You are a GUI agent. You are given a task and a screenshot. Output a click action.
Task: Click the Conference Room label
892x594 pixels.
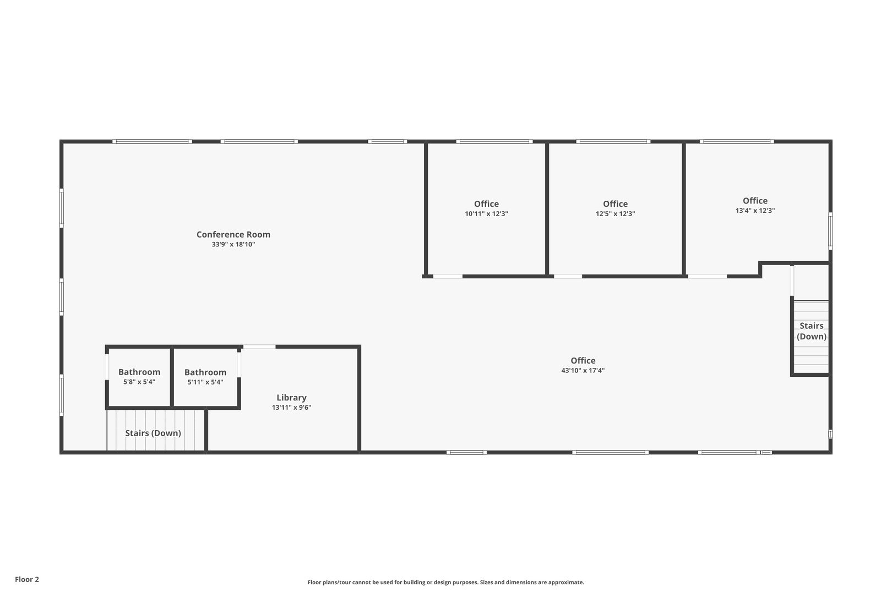(233, 234)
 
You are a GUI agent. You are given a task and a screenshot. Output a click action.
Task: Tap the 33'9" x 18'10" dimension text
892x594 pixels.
(233, 244)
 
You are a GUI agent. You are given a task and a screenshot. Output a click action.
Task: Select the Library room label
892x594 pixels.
(291, 398)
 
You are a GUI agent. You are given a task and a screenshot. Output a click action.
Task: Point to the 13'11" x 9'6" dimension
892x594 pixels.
(291, 408)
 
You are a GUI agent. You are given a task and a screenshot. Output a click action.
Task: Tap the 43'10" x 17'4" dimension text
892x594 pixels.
(583, 370)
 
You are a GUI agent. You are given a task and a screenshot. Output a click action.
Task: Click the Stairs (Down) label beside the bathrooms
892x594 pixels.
(153, 433)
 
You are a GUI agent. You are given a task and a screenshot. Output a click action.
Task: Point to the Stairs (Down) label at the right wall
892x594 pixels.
(812, 331)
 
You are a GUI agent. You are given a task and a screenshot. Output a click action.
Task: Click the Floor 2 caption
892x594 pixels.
(27, 579)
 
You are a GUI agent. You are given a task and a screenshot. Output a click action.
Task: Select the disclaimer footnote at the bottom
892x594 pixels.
(445, 582)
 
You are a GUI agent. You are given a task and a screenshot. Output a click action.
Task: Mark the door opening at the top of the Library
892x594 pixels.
(259, 347)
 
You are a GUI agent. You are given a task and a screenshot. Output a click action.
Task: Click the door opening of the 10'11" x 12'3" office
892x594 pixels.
(448, 276)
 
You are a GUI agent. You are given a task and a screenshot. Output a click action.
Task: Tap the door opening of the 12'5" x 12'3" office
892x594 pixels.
(568, 276)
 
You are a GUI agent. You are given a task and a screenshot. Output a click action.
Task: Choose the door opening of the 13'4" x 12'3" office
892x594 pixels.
(708, 276)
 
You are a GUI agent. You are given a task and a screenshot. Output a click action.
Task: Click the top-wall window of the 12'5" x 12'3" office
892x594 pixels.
(613, 141)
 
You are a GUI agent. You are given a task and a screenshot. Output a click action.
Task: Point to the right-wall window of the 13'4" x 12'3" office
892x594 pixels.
(830, 231)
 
